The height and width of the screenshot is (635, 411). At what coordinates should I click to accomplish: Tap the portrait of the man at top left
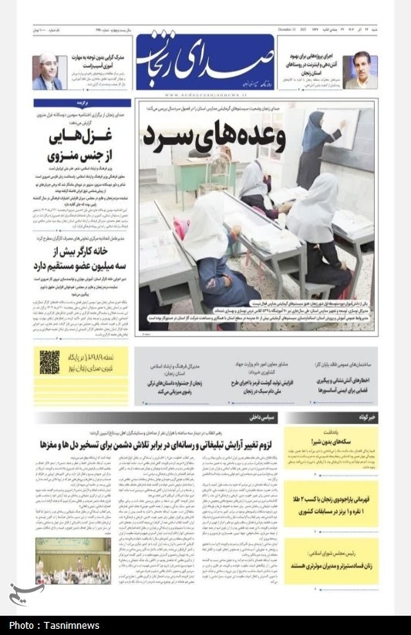47,72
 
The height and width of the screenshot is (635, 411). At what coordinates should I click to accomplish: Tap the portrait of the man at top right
360,72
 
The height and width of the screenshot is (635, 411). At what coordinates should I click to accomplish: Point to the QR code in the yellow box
49,361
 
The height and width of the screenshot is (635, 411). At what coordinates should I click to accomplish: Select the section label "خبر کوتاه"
362,417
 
